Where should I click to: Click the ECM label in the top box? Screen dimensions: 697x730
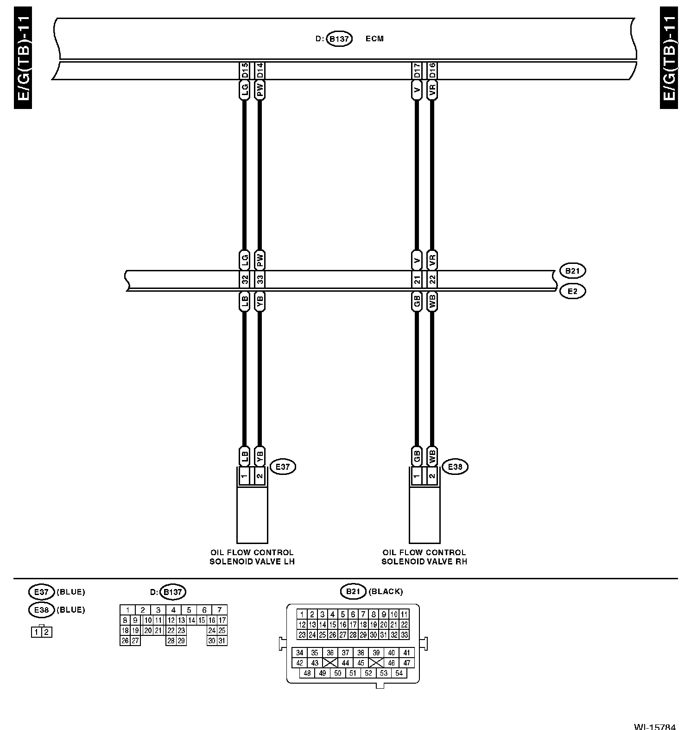[374, 39]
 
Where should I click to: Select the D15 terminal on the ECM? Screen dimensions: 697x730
[245, 70]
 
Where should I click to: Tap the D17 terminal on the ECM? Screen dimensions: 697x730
[417, 70]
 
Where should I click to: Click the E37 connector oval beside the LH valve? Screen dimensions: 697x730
[282, 467]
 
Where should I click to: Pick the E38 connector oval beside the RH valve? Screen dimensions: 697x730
[455, 467]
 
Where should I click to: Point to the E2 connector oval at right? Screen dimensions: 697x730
[573, 291]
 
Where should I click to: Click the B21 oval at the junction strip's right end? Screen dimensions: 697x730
[573, 270]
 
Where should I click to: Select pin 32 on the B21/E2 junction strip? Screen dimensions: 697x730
[245, 280]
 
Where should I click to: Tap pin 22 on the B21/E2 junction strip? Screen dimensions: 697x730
[432, 280]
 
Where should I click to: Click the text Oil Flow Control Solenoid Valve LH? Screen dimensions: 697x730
[252, 557]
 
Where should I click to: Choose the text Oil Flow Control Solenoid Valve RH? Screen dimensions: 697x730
[424, 557]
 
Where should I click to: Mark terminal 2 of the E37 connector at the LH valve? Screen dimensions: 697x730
[260, 476]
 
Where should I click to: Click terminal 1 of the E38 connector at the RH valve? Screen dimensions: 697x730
[417, 476]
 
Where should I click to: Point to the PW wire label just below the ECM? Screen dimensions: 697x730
[260, 90]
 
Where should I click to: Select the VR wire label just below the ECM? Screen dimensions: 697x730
[432, 90]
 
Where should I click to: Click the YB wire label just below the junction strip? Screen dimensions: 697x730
[260, 302]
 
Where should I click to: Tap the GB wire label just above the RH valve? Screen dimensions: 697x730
[417, 456]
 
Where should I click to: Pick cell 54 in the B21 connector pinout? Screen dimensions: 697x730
[399, 673]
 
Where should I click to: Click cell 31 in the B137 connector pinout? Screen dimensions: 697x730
[222, 640]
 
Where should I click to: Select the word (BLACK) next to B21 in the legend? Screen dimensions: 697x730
[385, 591]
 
